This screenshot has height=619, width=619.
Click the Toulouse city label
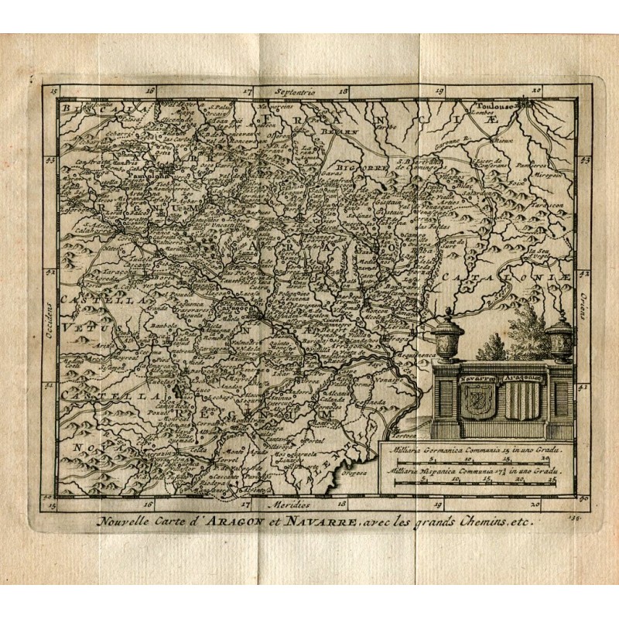[496, 106]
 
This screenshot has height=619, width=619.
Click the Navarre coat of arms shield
[476, 400]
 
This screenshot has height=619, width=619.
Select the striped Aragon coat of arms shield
[523, 401]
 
